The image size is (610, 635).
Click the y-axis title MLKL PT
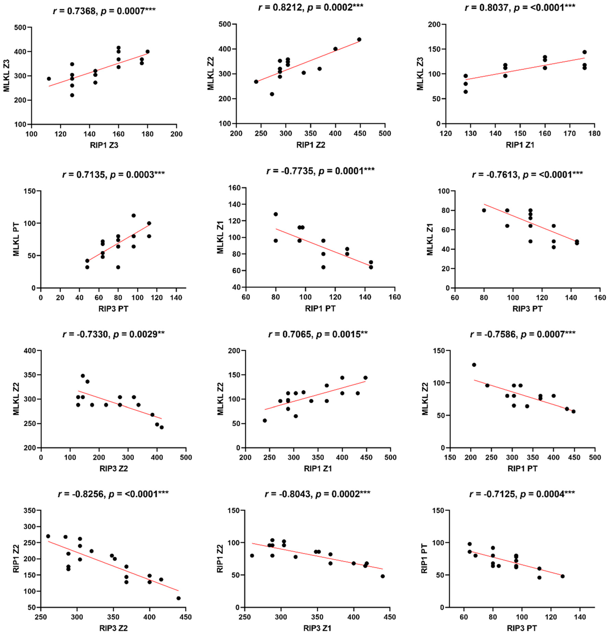click(x=16, y=239)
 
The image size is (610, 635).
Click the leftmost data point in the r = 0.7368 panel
click(x=49, y=79)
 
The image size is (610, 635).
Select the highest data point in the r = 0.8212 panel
click(x=359, y=40)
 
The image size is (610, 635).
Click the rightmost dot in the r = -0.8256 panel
click(x=178, y=598)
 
